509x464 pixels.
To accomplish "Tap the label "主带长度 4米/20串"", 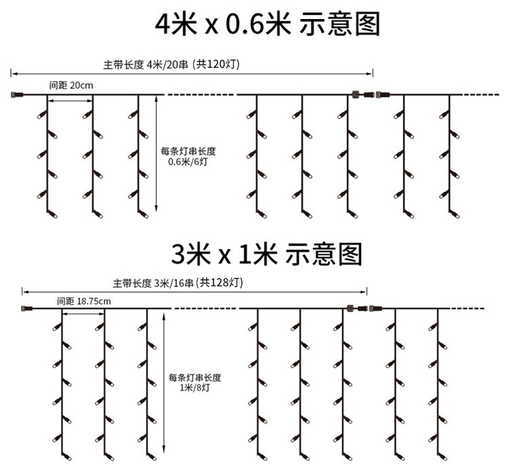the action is tap(145, 64).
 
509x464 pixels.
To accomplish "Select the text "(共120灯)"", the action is tap(215, 64).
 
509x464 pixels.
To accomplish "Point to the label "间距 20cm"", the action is tap(71, 85).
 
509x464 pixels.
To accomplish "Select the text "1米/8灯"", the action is tap(194, 387).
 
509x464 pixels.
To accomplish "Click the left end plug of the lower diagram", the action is tap(27, 309).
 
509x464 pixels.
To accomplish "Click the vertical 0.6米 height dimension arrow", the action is tap(157, 153).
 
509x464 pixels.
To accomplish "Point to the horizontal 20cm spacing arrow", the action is tap(70, 100).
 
